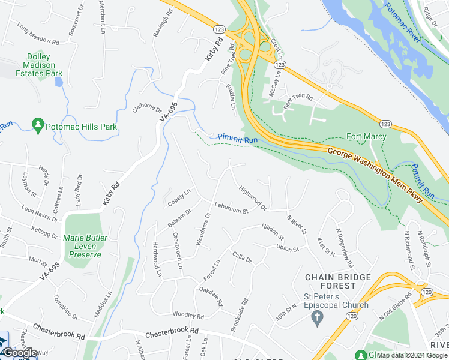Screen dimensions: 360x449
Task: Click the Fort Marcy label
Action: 366,136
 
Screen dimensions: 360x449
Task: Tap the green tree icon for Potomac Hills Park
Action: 38,123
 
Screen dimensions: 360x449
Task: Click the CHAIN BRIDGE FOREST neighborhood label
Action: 340,277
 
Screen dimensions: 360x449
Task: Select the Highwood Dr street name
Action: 253,199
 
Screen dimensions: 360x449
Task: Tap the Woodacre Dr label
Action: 203,228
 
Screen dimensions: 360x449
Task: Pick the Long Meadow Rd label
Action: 38,35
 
